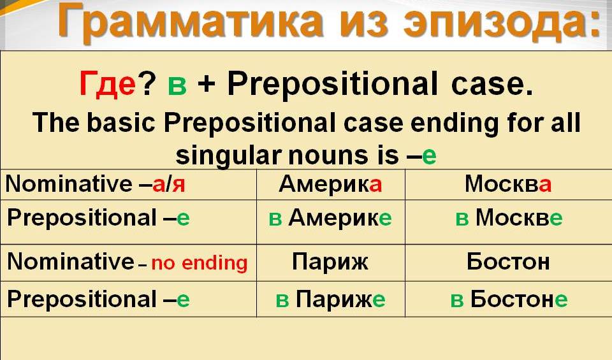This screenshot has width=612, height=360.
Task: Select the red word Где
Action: [x=107, y=84]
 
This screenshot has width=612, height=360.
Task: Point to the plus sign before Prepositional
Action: [x=207, y=85]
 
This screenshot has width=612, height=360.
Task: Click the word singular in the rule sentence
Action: [x=229, y=155]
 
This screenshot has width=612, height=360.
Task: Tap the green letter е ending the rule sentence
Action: [x=429, y=156]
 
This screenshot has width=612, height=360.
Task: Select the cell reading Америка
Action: [x=330, y=184]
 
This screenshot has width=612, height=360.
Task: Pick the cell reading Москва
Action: [x=508, y=184]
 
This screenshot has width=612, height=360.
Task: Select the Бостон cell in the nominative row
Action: [x=508, y=261]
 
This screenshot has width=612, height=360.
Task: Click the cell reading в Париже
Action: [x=331, y=299]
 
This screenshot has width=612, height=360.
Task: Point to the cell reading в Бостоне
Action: [x=509, y=299]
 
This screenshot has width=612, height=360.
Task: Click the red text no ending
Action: [x=200, y=263]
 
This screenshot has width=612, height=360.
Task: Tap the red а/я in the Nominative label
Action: [x=168, y=185]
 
